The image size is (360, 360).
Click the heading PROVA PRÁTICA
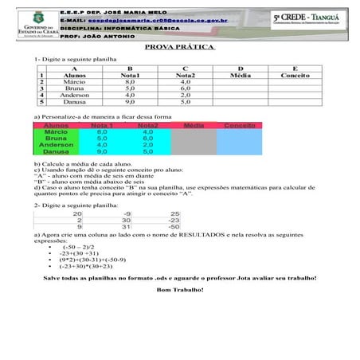tap(181, 48)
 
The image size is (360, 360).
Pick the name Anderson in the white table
tap(75, 95)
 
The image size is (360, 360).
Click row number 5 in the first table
tap(40, 102)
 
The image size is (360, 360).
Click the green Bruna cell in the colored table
tap(55, 139)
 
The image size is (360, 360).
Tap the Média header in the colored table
tap(194, 126)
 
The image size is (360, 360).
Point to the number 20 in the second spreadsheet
tap(77, 213)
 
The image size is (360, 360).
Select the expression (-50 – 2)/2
tap(84, 248)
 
